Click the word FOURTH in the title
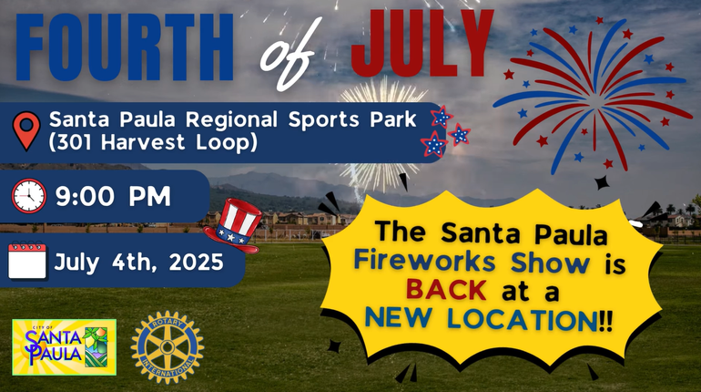(x=125, y=47)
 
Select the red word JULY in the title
(x=422, y=44)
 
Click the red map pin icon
(x=26, y=130)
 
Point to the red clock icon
(x=28, y=196)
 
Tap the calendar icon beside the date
(x=27, y=261)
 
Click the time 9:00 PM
(x=113, y=196)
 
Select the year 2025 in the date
(x=196, y=262)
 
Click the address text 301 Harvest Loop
(x=153, y=142)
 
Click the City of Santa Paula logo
(x=65, y=347)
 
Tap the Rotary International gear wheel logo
(x=168, y=347)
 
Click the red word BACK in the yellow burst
(x=446, y=290)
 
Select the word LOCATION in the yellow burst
(x=523, y=319)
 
